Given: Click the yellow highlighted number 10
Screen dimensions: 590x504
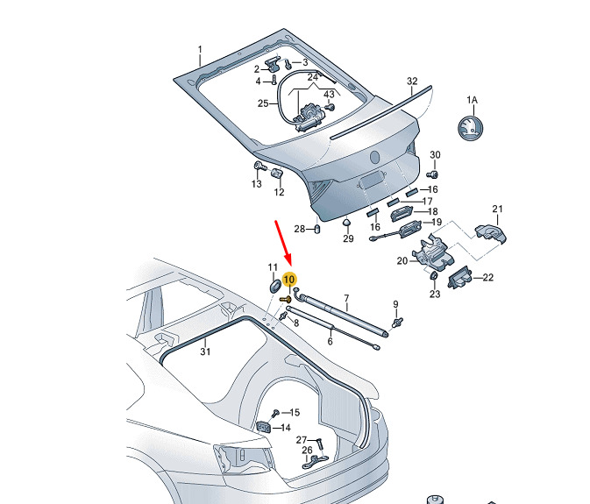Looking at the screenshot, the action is pos(289,280).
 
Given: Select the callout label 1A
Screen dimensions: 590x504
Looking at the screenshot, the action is pos(472,100).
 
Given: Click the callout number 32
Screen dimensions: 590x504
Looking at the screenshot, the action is pos(412,82).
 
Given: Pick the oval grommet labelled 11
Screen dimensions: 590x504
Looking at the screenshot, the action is pos(274,286).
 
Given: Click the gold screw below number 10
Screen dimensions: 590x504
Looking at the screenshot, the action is pos(287,300).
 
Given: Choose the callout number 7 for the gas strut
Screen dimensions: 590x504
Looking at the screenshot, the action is pos(346,299).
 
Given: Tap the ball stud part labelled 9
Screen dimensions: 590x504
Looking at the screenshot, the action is pos(397,323).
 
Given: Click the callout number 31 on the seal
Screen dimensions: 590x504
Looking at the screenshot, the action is pos(205,351).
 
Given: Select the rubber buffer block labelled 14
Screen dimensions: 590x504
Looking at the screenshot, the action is pos(264,427).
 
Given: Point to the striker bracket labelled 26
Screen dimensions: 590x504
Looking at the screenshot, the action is pos(315,462).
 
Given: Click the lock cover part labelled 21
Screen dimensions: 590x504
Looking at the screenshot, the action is pos(491,232).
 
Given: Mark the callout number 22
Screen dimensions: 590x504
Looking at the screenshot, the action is pos(487,278).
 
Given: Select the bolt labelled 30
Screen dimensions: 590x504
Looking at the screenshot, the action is pos(432,174).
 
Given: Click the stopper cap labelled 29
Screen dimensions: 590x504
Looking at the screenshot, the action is pos(346,223).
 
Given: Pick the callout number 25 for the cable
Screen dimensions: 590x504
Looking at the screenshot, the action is pos(263,103).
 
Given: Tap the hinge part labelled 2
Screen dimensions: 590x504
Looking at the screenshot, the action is pos(272,64).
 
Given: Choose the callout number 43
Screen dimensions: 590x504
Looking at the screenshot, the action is pos(329,94).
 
